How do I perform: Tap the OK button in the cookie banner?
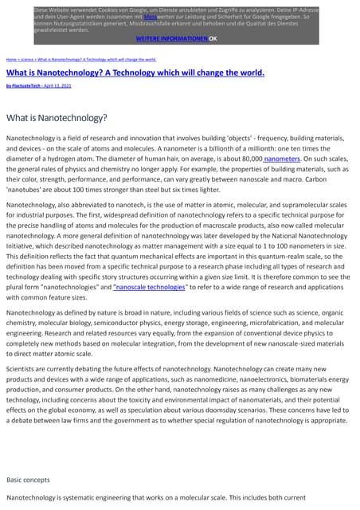(x=213, y=38)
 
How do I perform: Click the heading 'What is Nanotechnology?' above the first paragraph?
(x=57, y=118)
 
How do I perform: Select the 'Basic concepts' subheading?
(x=28, y=480)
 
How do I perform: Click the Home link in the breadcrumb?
(x=11, y=60)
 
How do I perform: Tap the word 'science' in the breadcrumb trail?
(x=27, y=60)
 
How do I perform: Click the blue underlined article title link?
(x=135, y=72)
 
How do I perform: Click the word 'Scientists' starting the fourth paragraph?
(x=22, y=368)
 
